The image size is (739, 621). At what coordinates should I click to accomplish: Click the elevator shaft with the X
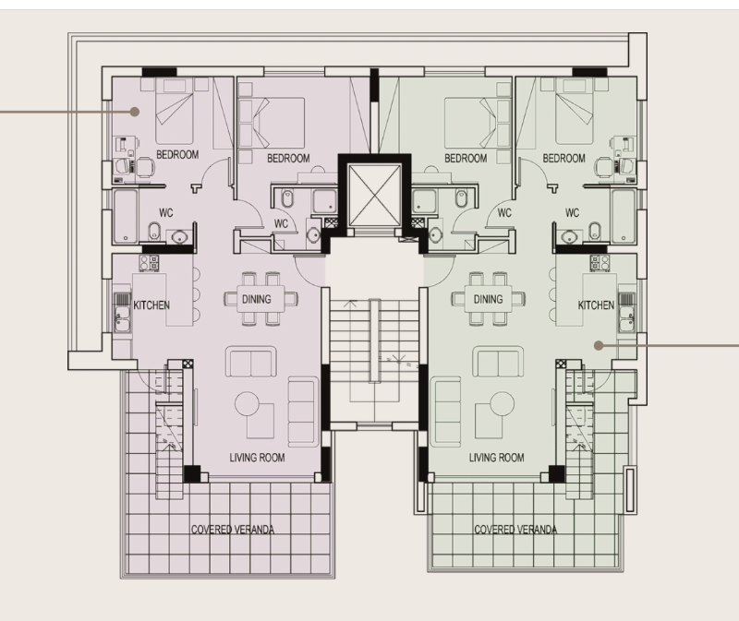tap(374, 196)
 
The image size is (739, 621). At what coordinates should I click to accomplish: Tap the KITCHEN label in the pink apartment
tap(151, 305)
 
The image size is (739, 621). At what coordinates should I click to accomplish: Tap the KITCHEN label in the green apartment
tap(596, 305)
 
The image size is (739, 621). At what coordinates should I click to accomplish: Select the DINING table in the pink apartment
tap(260, 299)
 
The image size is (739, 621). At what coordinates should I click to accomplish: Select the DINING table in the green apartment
tap(488, 299)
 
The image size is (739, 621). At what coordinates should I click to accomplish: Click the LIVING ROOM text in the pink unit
tap(257, 457)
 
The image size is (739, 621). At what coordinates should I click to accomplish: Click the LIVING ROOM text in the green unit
tap(496, 457)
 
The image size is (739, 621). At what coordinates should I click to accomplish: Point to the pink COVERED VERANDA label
tap(233, 530)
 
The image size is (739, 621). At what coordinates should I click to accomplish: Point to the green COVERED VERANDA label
tap(515, 530)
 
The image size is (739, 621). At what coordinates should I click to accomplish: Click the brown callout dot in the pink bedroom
tap(135, 112)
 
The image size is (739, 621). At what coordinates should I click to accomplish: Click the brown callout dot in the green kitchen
tap(599, 346)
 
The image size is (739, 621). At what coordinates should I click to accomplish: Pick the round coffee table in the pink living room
tap(247, 404)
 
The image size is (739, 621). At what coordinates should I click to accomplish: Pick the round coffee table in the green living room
tap(502, 404)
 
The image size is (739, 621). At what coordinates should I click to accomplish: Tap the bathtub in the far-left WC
tap(126, 217)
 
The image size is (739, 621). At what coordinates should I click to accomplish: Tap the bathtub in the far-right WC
tap(623, 217)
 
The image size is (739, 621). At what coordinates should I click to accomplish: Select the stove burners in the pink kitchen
tap(149, 263)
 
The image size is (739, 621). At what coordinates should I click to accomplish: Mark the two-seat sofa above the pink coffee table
tap(250, 362)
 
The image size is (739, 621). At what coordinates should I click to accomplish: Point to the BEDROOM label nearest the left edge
tap(177, 154)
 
